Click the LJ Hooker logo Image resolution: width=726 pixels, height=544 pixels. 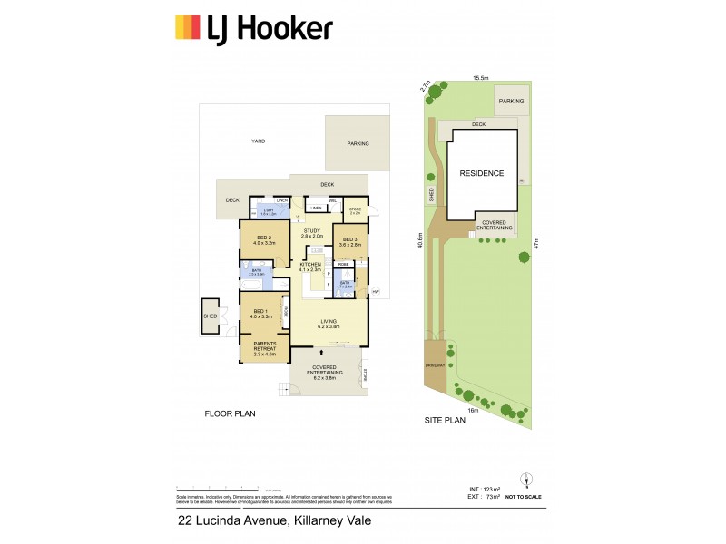(x=253, y=29)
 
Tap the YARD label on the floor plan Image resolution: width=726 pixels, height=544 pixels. (x=259, y=141)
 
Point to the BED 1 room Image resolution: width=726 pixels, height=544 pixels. (x=260, y=314)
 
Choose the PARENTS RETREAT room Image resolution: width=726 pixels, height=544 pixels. (x=263, y=350)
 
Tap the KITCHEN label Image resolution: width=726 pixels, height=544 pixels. (x=311, y=267)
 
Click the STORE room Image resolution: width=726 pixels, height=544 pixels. (x=355, y=210)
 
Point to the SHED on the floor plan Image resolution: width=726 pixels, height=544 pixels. (x=210, y=316)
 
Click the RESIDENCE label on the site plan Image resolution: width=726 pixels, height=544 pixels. (x=481, y=173)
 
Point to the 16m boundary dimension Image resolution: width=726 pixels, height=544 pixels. (x=473, y=410)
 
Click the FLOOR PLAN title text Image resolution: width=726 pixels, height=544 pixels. (x=230, y=413)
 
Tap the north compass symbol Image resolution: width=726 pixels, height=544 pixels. (x=524, y=480)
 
